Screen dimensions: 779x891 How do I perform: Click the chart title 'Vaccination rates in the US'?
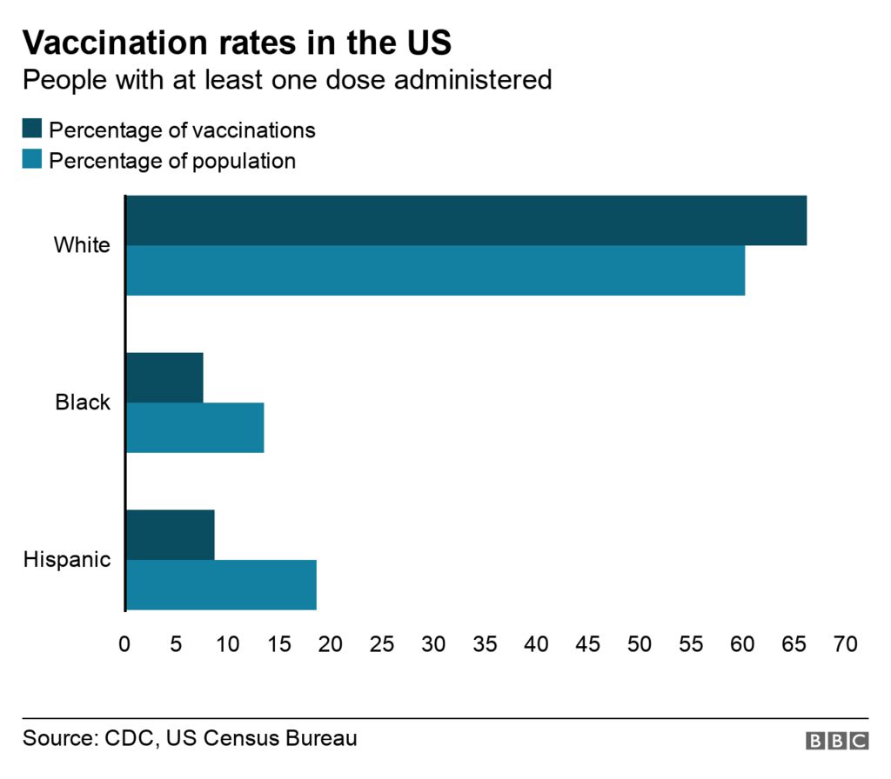coord(237,42)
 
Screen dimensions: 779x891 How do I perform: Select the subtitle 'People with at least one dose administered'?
coord(287,80)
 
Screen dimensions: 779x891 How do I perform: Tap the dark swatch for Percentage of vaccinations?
coord(32,130)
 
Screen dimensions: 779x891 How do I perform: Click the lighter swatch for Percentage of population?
coord(32,160)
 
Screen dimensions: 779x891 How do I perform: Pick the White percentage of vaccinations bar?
coord(466,221)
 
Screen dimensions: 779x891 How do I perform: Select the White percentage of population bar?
coord(435,270)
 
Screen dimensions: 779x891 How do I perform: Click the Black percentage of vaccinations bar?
coord(164,377)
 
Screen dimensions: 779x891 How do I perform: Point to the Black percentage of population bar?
coord(195,428)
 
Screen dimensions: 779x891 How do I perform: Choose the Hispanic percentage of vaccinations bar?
coord(171,535)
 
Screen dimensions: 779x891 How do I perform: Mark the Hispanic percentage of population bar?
coord(221,585)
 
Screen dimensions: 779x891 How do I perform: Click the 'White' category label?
coord(82,245)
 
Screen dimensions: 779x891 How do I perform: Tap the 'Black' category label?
coord(83,403)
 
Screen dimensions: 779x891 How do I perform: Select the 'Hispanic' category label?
coord(67,559)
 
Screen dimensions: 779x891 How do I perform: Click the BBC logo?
coord(836,741)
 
